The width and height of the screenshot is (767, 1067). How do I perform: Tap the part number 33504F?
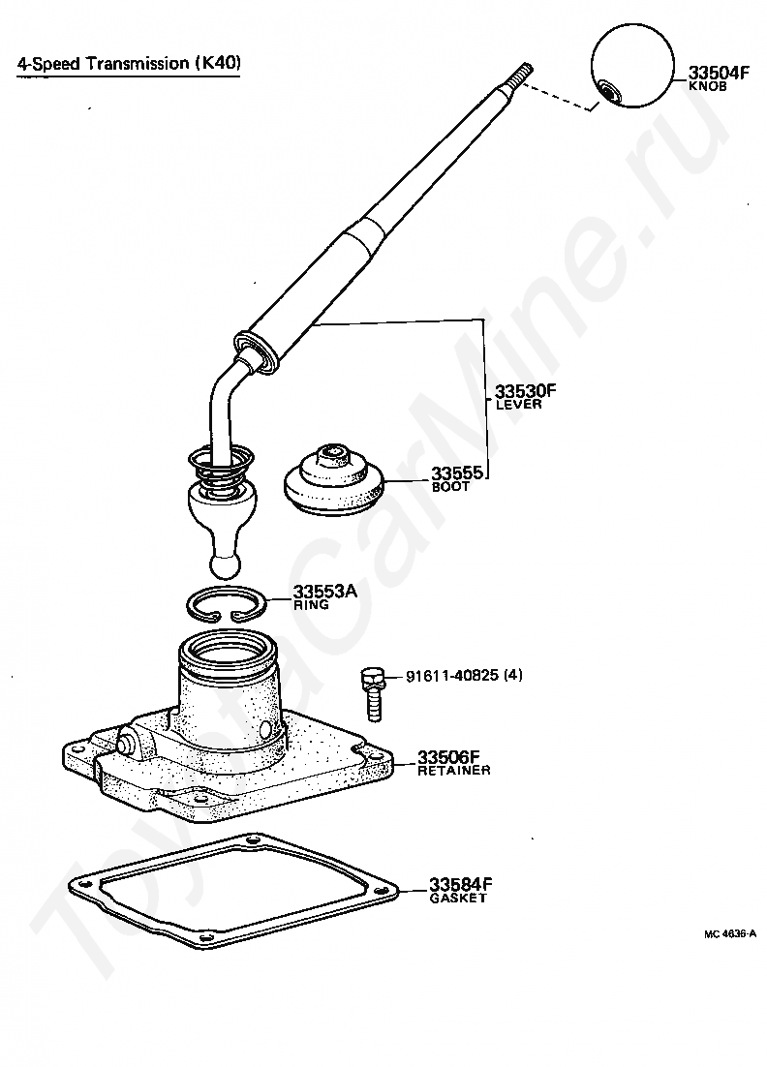(719, 73)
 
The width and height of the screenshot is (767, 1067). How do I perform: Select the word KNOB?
(708, 87)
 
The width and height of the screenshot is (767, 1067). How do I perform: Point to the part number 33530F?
(525, 391)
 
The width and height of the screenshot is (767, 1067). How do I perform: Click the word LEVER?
(518, 404)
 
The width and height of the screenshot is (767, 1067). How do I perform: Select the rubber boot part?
(334, 479)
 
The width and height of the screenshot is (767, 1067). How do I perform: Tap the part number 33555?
(457, 473)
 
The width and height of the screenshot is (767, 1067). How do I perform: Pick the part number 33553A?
(324, 592)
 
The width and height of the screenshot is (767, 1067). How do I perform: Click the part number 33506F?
(448, 757)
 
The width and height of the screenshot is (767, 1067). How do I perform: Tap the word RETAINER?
(453, 771)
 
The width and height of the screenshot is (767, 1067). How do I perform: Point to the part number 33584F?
(459, 885)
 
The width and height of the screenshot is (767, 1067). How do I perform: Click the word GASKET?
(458, 899)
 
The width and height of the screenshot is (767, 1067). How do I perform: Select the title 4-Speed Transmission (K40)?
(129, 63)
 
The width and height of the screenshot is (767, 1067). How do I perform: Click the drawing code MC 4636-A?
(729, 934)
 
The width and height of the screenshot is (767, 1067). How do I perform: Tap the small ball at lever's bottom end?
(224, 564)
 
